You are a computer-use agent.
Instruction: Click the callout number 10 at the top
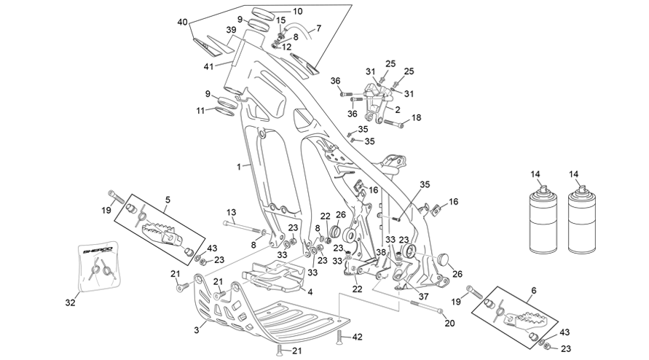(x=298, y=11)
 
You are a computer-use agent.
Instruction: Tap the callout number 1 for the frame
(x=239, y=167)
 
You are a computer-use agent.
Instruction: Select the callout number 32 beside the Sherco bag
(x=71, y=303)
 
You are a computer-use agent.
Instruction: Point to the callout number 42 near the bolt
(x=357, y=337)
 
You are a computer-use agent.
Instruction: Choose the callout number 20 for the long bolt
(x=449, y=322)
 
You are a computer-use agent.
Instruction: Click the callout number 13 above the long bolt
(x=231, y=213)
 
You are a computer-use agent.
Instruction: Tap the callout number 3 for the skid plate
(x=197, y=330)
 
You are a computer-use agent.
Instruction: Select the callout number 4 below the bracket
(x=310, y=292)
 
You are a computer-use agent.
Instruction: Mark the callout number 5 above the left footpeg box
(x=168, y=200)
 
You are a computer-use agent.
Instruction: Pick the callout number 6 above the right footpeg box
(x=533, y=291)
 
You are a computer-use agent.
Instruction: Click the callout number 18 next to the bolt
(x=416, y=117)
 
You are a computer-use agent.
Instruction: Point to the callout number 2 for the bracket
(x=398, y=110)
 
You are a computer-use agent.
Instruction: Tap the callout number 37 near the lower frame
(x=423, y=297)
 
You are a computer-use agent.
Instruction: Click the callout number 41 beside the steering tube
(x=208, y=66)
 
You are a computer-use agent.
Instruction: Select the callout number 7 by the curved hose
(x=318, y=28)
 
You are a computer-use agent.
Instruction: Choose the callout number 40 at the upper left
(x=183, y=22)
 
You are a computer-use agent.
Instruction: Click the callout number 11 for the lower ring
(x=200, y=111)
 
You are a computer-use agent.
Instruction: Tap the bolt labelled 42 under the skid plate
(x=340, y=337)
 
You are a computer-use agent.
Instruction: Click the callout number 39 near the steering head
(x=231, y=30)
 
